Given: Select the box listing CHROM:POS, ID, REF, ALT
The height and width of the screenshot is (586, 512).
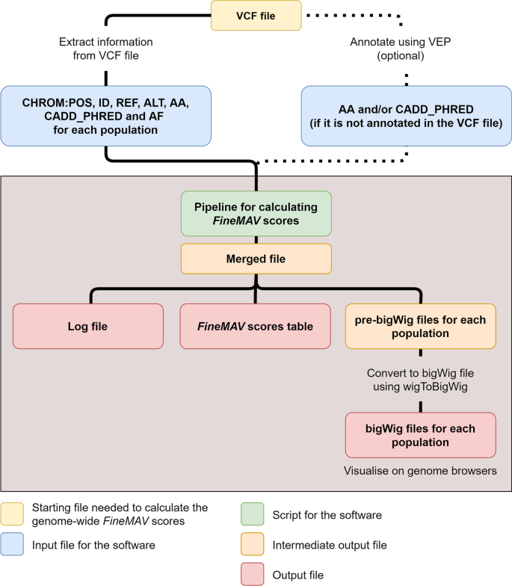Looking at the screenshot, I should point(105,115).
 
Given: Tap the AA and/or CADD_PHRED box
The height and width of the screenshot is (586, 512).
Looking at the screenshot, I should point(406,115).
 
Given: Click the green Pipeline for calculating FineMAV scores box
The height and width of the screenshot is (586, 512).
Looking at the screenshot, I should point(256,214).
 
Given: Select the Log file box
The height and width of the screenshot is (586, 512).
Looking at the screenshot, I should point(88,326).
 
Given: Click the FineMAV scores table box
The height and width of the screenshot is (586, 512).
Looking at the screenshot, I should point(255,326).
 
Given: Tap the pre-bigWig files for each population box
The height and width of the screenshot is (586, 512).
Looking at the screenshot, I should point(420,326).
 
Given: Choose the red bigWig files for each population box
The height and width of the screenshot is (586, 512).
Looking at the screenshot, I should point(420,434).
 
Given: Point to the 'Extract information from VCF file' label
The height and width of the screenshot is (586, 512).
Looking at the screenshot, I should point(105,49).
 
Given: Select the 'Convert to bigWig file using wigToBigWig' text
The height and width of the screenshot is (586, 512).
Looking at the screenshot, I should point(419,380).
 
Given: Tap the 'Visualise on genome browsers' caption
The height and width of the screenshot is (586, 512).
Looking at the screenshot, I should point(419,472).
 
